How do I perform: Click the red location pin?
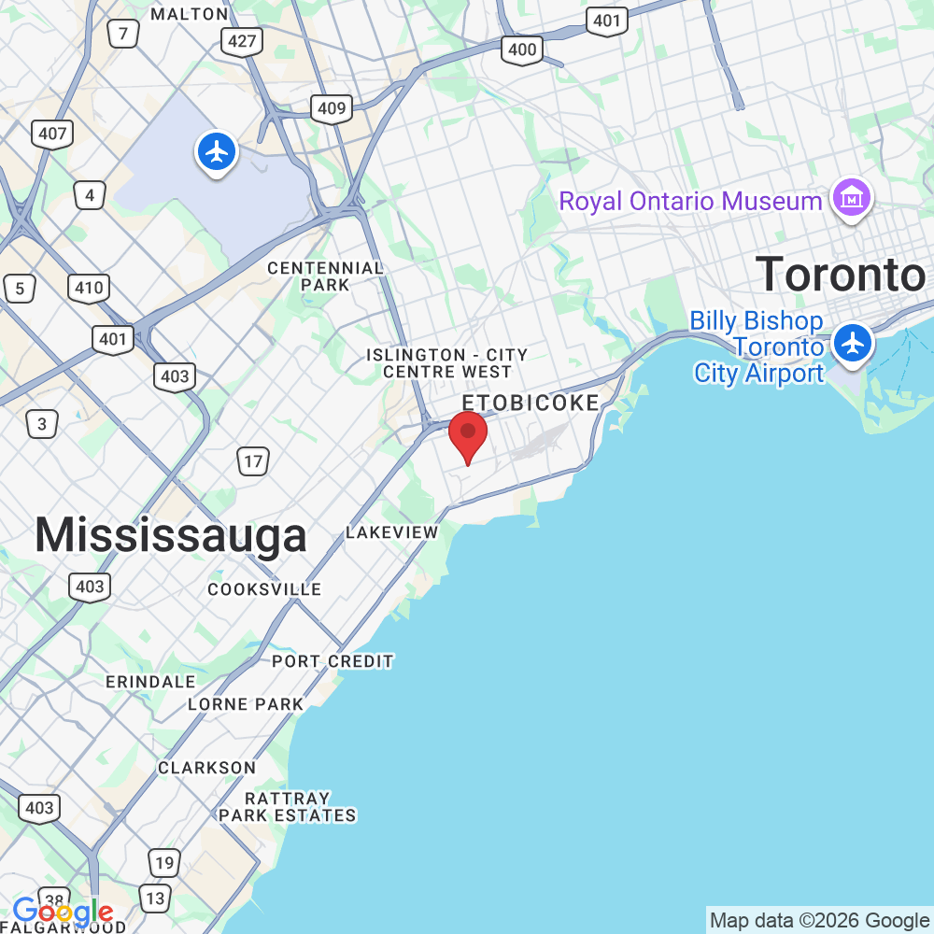468,434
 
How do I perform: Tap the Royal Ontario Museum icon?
852,199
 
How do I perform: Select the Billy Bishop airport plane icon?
852,343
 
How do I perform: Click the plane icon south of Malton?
217,151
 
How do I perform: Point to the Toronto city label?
840,275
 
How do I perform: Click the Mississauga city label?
171,536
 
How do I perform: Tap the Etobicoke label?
531,403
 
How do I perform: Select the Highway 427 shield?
242,40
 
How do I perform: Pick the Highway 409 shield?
332,108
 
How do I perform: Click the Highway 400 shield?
521,50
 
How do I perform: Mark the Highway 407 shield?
52,134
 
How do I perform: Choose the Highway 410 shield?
89,288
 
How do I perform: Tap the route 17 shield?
253,460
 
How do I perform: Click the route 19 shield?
163,862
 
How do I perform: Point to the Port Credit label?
333,661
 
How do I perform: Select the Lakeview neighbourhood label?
391,532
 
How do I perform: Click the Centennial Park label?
325,276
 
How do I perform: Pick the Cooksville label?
264,589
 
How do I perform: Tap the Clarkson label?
206,768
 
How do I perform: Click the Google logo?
63,912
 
